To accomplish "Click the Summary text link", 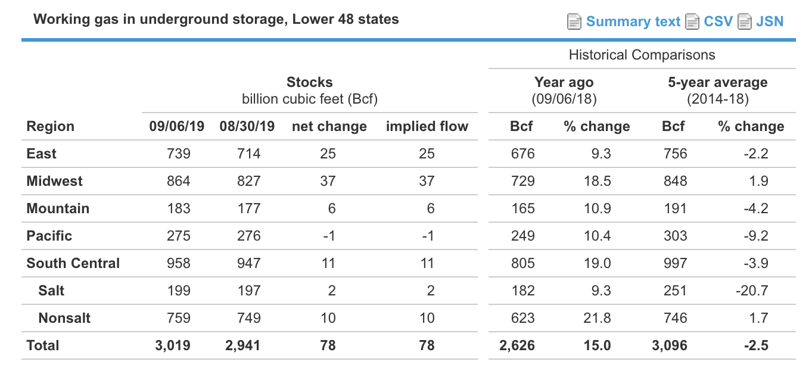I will [633, 22].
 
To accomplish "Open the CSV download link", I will [718, 22].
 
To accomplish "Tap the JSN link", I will [770, 22].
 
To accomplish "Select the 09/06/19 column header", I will [176, 126].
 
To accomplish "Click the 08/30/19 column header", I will [247, 126].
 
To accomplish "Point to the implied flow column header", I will [427, 126].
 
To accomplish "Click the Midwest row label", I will [55, 181].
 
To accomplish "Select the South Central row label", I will [73, 263].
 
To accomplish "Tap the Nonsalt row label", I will [64, 318].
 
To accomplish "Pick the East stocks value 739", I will [179, 154].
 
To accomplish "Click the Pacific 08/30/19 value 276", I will [249, 236].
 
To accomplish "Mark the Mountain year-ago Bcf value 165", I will [522, 208].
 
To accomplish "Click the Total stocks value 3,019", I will [173, 345].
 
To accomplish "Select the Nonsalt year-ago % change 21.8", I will [597, 318].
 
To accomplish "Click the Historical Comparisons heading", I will [642, 55].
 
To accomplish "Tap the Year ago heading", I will [564, 82].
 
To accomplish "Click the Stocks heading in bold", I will [309, 82].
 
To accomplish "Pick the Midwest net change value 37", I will [328, 181].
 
